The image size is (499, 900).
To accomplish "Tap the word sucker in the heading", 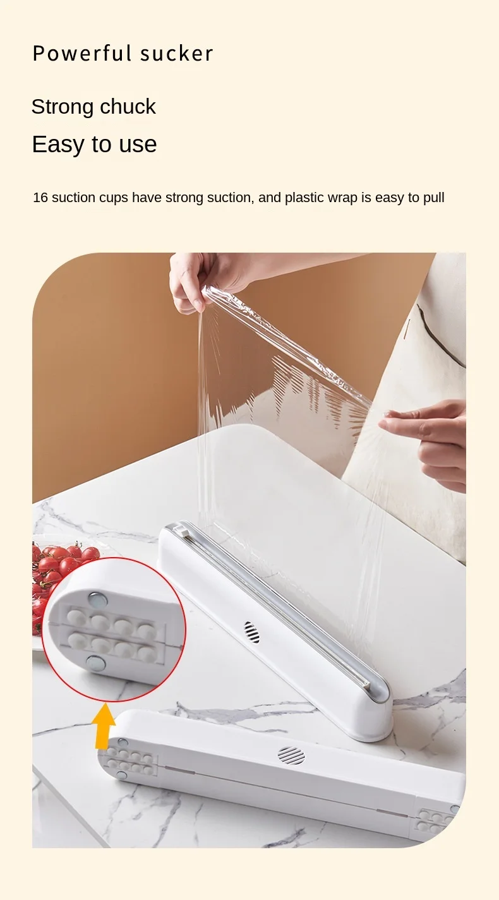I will click(x=177, y=54).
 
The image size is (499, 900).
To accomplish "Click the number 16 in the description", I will click(x=40, y=198).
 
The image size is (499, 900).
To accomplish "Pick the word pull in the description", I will click(x=433, y=198).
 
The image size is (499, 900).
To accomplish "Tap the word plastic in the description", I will click(x=304, y=198).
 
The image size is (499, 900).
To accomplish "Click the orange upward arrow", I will click(x=105, y=726).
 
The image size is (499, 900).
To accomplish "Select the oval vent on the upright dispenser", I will click(x=251, y=632).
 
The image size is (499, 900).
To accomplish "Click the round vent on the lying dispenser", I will click(x=291, y=755).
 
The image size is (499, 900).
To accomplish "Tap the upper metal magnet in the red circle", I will click(x=97, y=598).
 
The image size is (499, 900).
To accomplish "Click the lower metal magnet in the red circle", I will click(x=96, y=663).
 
